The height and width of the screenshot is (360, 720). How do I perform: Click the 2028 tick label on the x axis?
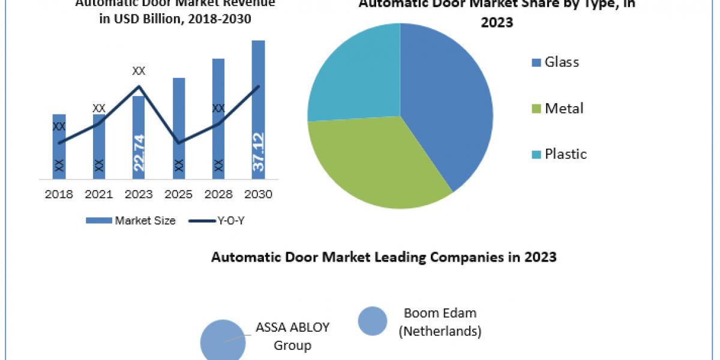(x=218, y=194)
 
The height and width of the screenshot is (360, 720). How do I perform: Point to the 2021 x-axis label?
(x=98, y=194)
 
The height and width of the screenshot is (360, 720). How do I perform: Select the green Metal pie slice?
(x=372, y=162)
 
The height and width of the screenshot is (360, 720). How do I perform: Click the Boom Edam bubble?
(x=372, y=320)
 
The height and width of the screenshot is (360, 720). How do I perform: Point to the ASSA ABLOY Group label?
(x=292, y=336)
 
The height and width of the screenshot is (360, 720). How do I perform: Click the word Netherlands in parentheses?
(x=441, y=331)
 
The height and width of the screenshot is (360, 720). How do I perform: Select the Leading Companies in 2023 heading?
(x=384, y=257)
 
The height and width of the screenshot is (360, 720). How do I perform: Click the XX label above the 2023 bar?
(x=139, y=71)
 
